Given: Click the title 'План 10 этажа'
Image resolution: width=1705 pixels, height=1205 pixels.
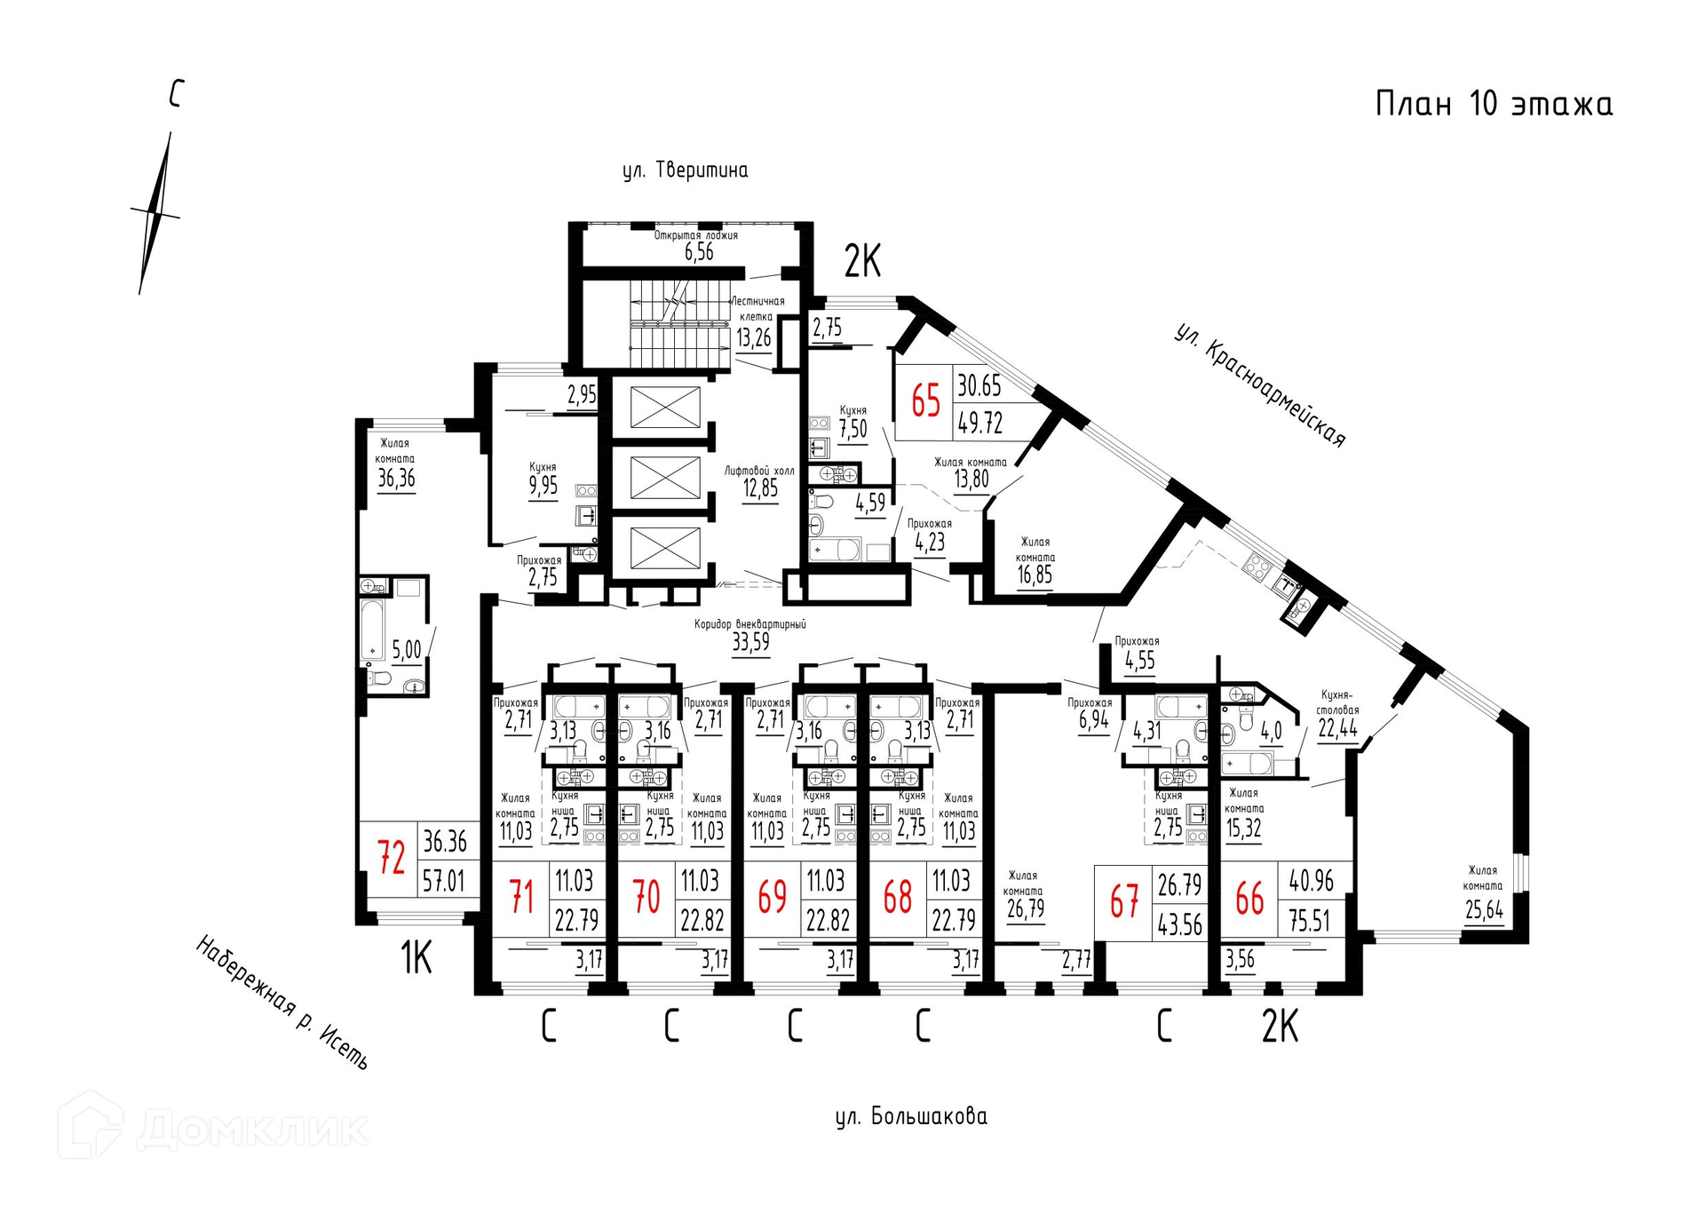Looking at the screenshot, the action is pyautogui.click(x=1494, y=104).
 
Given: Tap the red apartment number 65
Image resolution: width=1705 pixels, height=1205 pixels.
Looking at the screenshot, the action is pyautogui.click(x=925, y=400).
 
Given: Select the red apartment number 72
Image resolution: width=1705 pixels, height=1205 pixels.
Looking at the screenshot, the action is pyautogui.click(x=392, y=857).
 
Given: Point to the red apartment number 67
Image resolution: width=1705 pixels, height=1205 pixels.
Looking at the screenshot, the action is pyautogui.click(x=1124, y=902).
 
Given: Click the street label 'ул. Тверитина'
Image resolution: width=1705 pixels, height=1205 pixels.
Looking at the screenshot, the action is pyautogui.click(x=685, y=170).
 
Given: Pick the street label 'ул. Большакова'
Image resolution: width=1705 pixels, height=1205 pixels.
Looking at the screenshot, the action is pyautogui.click(x=911, y=1116).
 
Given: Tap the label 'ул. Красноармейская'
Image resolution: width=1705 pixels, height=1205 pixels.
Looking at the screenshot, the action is pyautogui.click(x=1260, y=384).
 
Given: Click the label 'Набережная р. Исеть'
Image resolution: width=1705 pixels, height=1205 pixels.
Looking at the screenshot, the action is pyautogui.click(x=282, y=1002).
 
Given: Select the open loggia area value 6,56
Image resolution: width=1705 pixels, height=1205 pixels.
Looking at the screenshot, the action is pyautogui.click(x=699, y=252).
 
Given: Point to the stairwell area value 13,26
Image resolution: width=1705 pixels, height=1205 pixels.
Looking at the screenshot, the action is pyautogui.click(x=753, y=337).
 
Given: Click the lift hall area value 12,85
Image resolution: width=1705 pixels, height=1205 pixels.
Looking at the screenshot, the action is pyautogui.click(x=760, y=488).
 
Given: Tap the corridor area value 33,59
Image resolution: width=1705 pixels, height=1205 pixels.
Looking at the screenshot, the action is pyautogui.click(x=750, y=642).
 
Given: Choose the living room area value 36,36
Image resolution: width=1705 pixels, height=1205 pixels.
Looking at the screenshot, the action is pyautogui.click(x=396, y=479).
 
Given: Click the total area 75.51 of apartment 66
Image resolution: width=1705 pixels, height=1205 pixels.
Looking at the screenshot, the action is pyautogui.click(x=1310, y=921).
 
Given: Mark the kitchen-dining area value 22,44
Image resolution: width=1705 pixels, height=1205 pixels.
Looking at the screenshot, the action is pyautogui.click(x=1337, y=729).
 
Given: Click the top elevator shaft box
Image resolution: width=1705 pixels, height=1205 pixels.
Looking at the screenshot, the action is pyautogui.click(x=664, y=407).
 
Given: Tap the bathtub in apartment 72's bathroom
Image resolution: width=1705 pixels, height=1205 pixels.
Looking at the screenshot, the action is pyautogui.click(x=372, y=630).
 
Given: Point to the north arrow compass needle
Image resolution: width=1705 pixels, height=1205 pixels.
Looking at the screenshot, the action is pyautogui.click(x=155, y=213).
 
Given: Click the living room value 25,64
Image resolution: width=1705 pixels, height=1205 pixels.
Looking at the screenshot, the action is pyautogui.click(x=1484, y=910).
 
